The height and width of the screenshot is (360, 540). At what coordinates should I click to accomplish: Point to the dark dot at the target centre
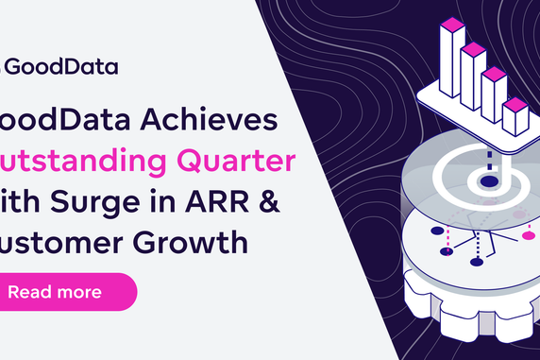[x=489, y=180]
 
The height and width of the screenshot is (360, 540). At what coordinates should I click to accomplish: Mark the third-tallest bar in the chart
[x=493, y=92]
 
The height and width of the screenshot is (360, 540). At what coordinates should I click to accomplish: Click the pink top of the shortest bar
[x=515, y=103]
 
